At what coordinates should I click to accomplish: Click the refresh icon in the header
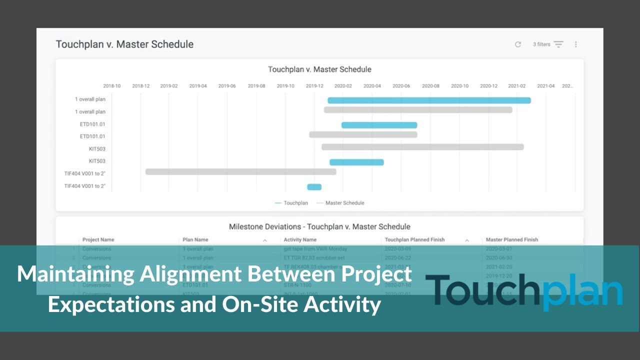coord(518,44)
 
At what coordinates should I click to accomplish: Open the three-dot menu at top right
coord(575,44)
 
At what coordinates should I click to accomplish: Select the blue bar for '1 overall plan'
coord(429,100)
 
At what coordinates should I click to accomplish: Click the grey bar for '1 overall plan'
coord(418,109)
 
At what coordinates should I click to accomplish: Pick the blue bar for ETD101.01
coord(379,125)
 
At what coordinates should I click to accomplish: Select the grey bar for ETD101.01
coord(363,134)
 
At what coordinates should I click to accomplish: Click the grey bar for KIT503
coord(422,147)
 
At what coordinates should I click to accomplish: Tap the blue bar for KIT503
coord(356,162)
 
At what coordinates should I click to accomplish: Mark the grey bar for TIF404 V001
coord(240,171)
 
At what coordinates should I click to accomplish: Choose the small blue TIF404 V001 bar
coord(314,187)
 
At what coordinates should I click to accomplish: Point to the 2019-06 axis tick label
coord(227,86)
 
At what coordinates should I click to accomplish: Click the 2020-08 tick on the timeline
coord(430,86)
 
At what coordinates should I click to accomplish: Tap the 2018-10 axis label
coord(111,86)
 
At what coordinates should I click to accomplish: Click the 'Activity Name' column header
coord(300,240)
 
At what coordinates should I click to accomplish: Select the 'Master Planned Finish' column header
coord(512,240)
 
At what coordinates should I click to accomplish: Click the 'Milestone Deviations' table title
coord(319,226)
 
